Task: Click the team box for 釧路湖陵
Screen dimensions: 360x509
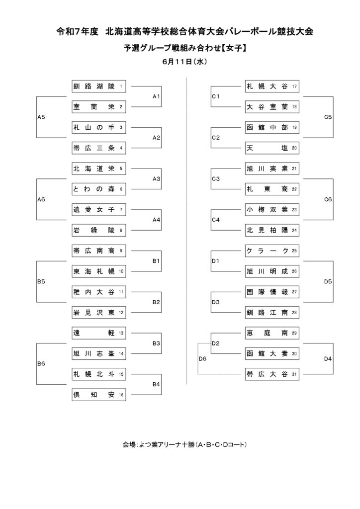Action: pyautogui.click(x=98, y=86)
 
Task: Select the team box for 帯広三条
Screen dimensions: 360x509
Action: pyautogui.click(x=98, y=148)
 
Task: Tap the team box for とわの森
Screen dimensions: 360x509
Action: pyautogui.click(x=98, y=189)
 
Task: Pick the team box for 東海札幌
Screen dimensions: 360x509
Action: pyautogui.click(x=98, y=271)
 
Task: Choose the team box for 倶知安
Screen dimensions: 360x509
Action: pyautogui.click(x=98, y=395)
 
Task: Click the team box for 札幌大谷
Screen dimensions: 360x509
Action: pyautogui.click(x=272, y=86)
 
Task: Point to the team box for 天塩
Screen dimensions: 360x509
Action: pyautogui.click(x=272, y=148)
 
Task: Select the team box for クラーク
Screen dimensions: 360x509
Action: pyautogui.click(x=272, y=251)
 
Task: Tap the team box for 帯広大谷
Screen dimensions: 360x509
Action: pyautogui.click(x=272, y=374)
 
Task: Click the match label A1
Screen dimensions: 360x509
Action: pyautogui.click(x=156, y=96)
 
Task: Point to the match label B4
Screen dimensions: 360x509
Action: pyautogui.click(x=156, y=384)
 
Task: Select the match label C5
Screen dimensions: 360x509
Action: pyautogui.click(x=328, y=117)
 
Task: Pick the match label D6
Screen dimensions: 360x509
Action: pyautogui.click(x=202, y=359)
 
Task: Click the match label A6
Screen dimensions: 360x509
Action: pyautogui.click(x=41, y=199)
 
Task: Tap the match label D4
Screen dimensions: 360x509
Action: pyautogui.click(x=328, y=359)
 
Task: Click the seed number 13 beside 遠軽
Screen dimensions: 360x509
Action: pyautogui.click(x=121, y=333)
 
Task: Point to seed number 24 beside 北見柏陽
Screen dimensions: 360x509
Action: pyautogui.click(x=294, y=231)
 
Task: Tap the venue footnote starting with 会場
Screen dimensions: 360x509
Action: pyautogui.click(x=184, y=444)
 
